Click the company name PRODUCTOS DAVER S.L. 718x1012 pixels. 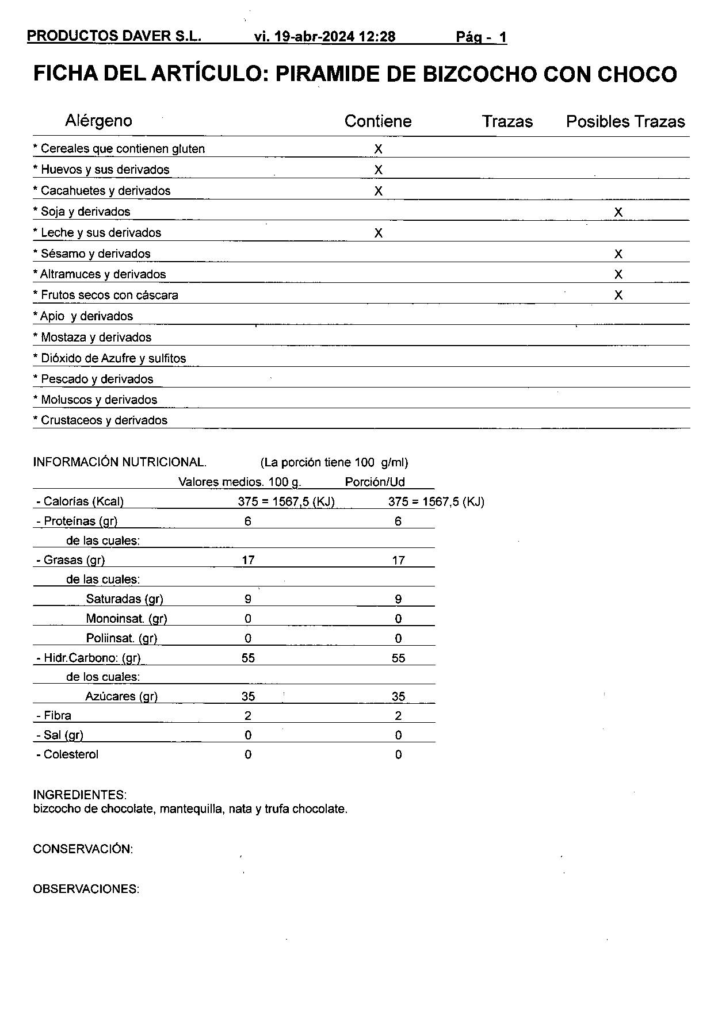pos(114,36)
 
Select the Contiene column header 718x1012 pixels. pos(378,121)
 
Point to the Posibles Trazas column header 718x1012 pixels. pos(625,122)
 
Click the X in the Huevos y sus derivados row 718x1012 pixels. pos(378,170)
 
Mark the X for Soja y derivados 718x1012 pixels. pos(618,212)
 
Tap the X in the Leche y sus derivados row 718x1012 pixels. pos(378,233)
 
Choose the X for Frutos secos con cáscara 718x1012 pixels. pos(618,296)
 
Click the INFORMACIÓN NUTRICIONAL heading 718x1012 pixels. pos(120,462)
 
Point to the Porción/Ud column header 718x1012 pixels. pos(375,482)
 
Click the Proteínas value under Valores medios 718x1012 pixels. pos(247,522)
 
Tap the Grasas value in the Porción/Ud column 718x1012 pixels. pos(398,561)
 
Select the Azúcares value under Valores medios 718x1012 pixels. pos(248,697)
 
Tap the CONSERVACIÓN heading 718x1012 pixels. pos(83,849)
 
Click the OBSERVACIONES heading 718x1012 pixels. pos(86,889)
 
